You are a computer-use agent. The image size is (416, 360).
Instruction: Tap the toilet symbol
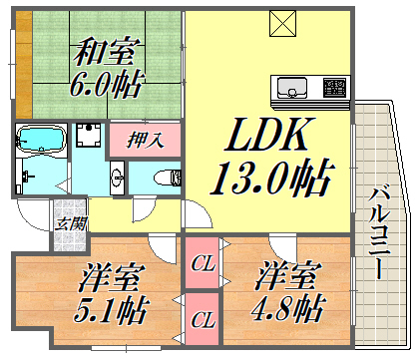(166, 177)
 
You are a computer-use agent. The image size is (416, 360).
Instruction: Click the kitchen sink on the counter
(292, 87)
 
